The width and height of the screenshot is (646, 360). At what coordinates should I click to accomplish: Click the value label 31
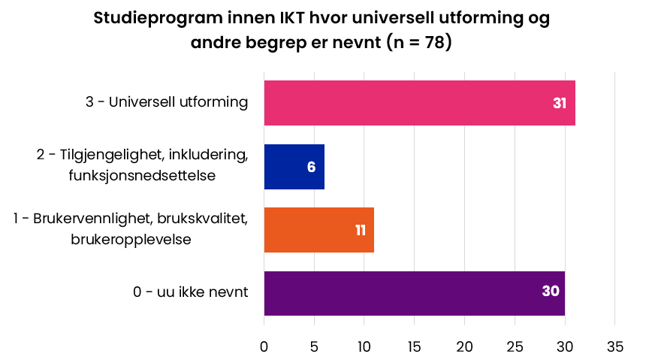(x=559, y=104)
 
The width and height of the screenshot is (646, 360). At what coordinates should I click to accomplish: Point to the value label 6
(x=311, y=167)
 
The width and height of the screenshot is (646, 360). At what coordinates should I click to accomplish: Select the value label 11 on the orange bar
(x=361, y=230)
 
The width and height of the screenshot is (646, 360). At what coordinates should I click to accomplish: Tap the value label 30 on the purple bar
(x=551, y=292)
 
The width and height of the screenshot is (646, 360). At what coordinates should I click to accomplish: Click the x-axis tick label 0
(x=264, y=346)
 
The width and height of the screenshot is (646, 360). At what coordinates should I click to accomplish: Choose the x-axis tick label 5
(x=314, y=346)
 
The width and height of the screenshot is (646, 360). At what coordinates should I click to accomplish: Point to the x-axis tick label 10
(x=364, y=346)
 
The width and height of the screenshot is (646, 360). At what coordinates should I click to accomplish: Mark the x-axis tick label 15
(x=415, y=346)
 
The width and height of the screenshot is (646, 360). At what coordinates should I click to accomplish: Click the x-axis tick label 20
(x=465, y=346)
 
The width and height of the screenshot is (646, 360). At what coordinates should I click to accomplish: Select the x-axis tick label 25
(x=515, y=346)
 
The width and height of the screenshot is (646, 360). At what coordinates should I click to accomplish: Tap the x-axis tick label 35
(x=615, y=346)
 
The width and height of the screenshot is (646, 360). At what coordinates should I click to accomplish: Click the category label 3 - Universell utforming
(x=167, y=102)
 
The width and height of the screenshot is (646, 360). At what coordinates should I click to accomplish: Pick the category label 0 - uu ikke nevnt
(x=190, y=292)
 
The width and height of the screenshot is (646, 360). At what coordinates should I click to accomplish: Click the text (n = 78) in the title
(x=418, y=43)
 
